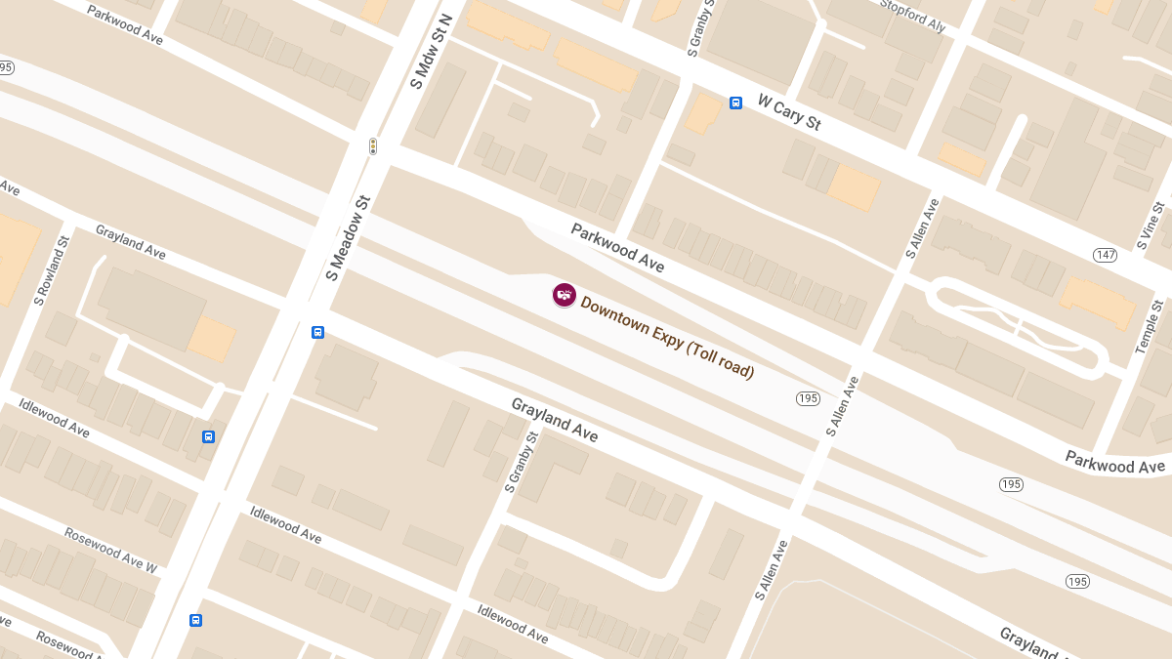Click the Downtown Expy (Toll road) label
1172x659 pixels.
(667, 338)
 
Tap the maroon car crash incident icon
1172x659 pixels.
(564, 294)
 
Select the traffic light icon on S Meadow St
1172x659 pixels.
(372, 146)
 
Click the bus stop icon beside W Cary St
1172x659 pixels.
(735, 103)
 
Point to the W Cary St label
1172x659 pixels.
(789, 112)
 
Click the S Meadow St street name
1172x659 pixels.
(349, 238)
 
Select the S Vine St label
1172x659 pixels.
(1153, 226)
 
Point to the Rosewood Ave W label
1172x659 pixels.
(110, 550)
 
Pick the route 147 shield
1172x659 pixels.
(1105, 255)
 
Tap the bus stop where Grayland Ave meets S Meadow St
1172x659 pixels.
(317, 332)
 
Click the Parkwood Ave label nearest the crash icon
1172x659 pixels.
(617, 248)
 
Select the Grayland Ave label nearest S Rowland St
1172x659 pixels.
(130, 242)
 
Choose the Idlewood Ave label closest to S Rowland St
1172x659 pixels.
(55, 418)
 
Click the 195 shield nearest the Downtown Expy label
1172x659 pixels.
(808, 397)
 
